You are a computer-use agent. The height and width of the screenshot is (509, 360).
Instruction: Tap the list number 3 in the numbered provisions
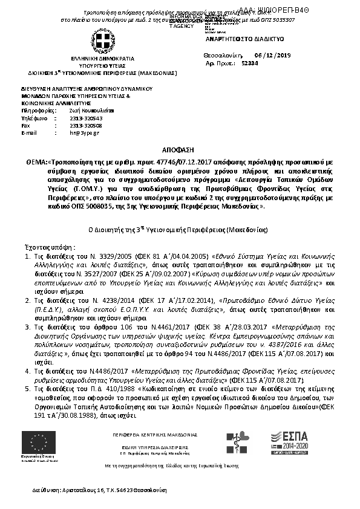[28, 326]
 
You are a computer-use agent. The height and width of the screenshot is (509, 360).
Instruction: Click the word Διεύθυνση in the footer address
[46, 489]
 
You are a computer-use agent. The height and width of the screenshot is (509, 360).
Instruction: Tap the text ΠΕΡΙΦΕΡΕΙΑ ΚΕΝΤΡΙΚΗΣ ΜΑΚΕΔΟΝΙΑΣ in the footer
[155, 435]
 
